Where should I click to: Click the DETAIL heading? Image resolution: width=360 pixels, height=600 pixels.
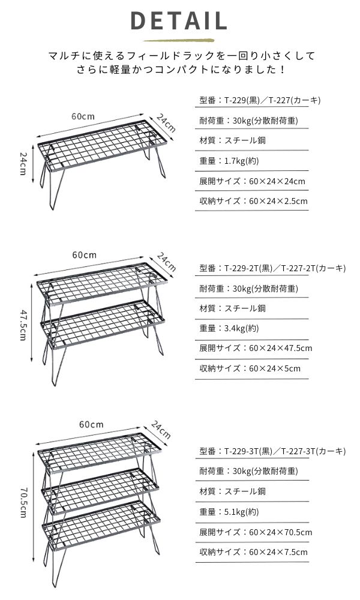click(179, 20)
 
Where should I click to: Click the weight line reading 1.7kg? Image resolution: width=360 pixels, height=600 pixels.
click(229, 161)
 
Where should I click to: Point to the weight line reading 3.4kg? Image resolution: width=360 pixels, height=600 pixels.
click(229, 328)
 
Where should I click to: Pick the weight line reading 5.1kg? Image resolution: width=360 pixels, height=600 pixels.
click(229, 512)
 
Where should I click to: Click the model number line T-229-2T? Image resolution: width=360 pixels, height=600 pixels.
click(272, 268)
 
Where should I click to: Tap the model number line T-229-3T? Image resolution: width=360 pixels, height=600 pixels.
click(272, 451)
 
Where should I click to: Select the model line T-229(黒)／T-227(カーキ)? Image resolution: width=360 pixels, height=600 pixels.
click(260, 101)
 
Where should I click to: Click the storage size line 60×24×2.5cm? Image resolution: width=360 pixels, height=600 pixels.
click(253, 201)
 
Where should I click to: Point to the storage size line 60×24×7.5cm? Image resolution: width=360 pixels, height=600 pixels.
click(253, 552)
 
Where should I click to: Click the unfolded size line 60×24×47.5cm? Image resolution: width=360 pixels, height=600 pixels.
click(256, 348)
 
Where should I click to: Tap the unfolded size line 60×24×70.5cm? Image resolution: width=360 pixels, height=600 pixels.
click(256, 532)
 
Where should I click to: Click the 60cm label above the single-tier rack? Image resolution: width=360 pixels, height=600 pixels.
click(83, 116)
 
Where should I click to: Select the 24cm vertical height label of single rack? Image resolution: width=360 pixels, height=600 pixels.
click(23, 163)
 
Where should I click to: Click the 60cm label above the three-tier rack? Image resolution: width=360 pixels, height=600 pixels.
click(91, 424)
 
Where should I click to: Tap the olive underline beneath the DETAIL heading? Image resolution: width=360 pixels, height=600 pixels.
click(179, 40)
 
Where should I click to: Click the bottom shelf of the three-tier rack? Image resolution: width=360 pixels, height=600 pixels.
click(101, 526)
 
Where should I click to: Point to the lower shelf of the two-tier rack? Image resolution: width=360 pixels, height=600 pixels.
click(103, 325)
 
